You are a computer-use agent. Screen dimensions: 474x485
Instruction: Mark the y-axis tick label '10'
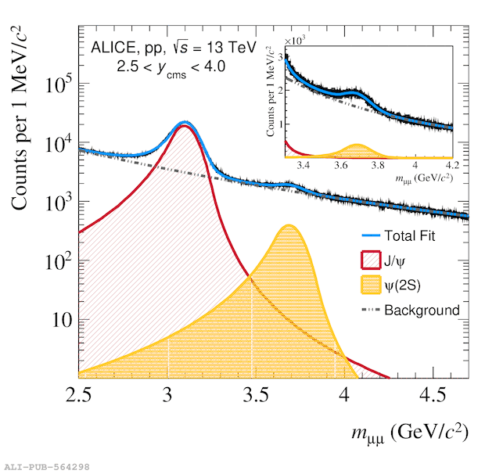pyautogui.click(x=61, y=319)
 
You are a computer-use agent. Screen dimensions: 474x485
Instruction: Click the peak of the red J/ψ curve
pyautogui.click(x=185, y=126)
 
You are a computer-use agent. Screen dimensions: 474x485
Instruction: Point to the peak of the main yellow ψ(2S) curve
pyautogui.click(x=289, y=225)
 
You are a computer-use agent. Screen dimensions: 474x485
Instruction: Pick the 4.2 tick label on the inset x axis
pyautogui.click(x=451, y=166)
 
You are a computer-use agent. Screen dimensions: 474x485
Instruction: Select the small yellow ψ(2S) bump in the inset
pyautogui.click(x=357, y=149)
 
